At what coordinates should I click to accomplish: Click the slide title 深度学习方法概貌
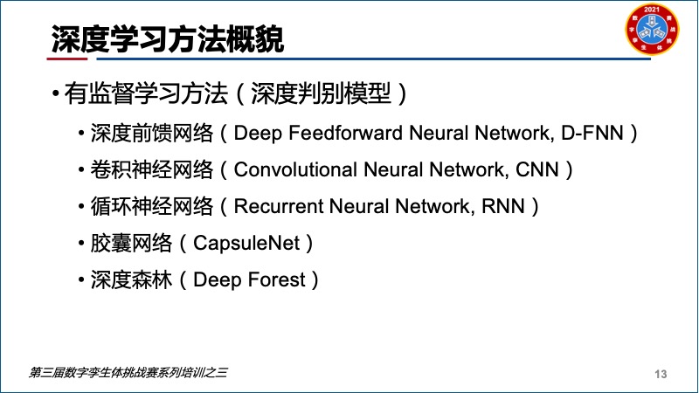pos(167,39)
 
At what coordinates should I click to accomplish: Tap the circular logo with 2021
pos(652,29)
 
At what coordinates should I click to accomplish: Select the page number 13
pos(661,374)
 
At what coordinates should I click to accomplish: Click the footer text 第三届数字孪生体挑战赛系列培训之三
pos(128,373)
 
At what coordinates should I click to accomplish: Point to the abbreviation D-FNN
pos(592,133)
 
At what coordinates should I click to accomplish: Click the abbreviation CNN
pos(536,169)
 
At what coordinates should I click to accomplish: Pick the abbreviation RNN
pos(503,206)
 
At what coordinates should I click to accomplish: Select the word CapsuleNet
pos(246,244)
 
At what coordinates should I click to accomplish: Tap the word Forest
pos(276,279)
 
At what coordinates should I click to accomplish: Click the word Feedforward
pos(345,133)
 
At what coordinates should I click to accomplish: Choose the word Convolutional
pos(295,169)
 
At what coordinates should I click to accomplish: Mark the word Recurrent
pos(278,206)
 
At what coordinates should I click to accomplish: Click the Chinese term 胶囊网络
pos(131,244)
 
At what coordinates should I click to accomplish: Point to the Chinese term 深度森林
pos(131,279)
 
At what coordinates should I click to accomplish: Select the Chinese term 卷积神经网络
pos(151,169)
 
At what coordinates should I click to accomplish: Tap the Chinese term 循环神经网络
pos(151,206)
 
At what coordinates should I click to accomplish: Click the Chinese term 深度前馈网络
pos(151,133)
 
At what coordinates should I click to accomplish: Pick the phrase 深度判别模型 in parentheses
pos(321,93)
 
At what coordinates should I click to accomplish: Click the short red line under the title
pos(67,59)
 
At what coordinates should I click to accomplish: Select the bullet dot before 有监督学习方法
pos(55,93)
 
